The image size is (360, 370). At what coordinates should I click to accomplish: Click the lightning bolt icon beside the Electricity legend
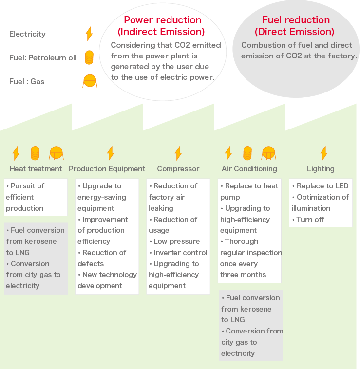click(89, 34)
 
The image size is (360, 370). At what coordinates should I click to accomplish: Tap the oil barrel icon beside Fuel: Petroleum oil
click(89, 57)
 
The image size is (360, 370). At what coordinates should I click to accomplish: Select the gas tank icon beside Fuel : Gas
click(90, 81)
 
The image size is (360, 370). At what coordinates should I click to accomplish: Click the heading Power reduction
click(162, 20)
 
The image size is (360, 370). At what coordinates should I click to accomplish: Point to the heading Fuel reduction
click(296, 20)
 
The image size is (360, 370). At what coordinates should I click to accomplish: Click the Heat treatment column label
click(36, 169)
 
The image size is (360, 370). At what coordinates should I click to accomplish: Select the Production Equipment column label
click(107, 169)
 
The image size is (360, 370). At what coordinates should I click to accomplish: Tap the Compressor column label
click(178, 169)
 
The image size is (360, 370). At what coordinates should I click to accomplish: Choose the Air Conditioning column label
click(249, 169)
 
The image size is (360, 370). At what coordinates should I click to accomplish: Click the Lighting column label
click(321, 169)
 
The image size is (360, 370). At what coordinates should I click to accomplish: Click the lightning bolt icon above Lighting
click(323, 153)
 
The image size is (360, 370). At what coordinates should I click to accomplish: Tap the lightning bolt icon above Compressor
click(178, 153)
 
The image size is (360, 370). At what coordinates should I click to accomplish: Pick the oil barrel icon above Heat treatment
click(35, 153)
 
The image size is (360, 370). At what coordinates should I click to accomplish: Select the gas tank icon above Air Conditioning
click(269, 153)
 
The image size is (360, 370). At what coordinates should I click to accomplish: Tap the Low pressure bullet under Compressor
click(176, 241)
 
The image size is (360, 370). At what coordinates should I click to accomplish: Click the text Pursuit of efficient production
click(25, 197)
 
